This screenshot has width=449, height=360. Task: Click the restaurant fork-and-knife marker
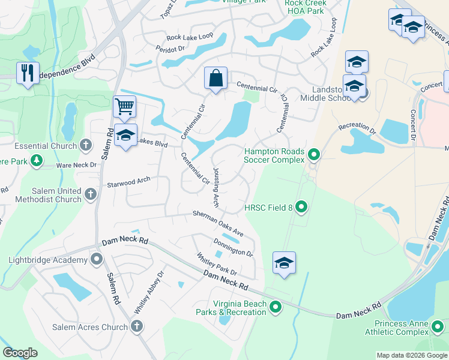pos(28,73)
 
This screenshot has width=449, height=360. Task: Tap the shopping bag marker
pos(215,78)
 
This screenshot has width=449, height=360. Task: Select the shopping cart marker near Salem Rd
pos(124,107)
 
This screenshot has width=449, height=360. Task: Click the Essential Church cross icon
pos(86,145)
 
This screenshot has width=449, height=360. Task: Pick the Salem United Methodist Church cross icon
pos(91,194)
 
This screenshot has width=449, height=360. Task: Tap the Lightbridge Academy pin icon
pos(97,259)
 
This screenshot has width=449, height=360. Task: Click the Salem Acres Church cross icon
pos(136,326)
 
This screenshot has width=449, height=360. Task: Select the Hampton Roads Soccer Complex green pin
pos(313,156)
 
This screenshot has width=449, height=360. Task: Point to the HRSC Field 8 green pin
pos(302,208)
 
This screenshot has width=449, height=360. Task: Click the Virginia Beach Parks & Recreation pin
pos(276,308)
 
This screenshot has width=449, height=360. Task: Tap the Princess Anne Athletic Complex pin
pos(438,327)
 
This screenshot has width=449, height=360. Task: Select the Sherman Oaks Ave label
pos(217,223)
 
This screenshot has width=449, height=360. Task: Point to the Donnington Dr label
pos(233,247)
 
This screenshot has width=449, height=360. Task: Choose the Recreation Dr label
pos(357,127)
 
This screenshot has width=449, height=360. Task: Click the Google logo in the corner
pos(20,353)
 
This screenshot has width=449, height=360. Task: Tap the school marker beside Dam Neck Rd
pos(284,263)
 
